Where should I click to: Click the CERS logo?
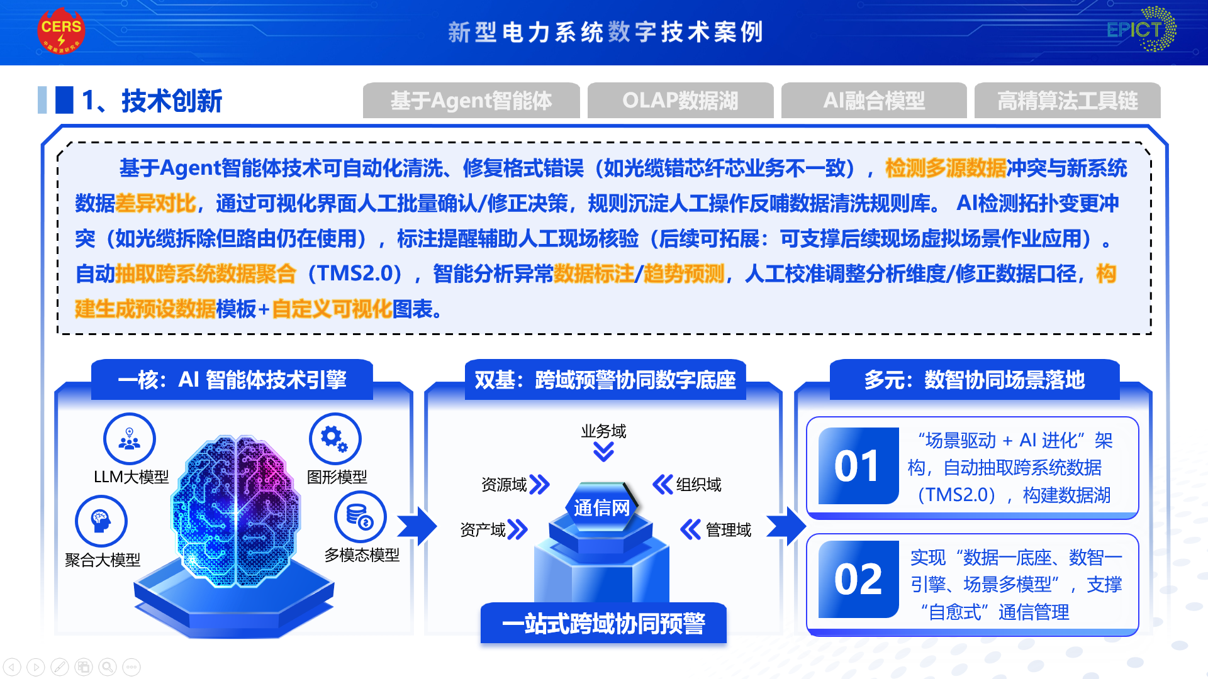click(x=61, y=31)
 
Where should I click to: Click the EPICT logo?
click(x=1141, y=29)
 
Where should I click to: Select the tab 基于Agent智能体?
click(x=471, y=101)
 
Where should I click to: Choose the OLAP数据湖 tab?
click(x=680, y=101)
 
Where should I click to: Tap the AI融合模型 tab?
click(x=874, y=101)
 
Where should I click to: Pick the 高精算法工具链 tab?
click(x=1068, y=101)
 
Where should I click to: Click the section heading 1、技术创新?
click(x=152, y=101)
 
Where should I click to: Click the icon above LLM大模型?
click(x=130, y=439)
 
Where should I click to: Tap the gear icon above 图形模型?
click(x=335, y=439)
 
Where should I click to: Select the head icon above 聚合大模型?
click(x=101, y=521)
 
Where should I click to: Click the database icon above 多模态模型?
click(x=361, y=517)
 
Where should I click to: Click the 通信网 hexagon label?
click(x=602, y=507)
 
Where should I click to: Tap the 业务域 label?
click(x=603, y=431)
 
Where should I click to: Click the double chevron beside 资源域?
click(x=540, y=484)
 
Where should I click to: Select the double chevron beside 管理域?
click(x=690, y=529)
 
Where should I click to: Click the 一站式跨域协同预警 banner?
click(x=603, y=624)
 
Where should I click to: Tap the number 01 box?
click(x=858, y=466)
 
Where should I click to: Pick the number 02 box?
click(x=858, y=579)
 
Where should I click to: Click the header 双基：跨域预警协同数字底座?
click(x=605, y=380)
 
